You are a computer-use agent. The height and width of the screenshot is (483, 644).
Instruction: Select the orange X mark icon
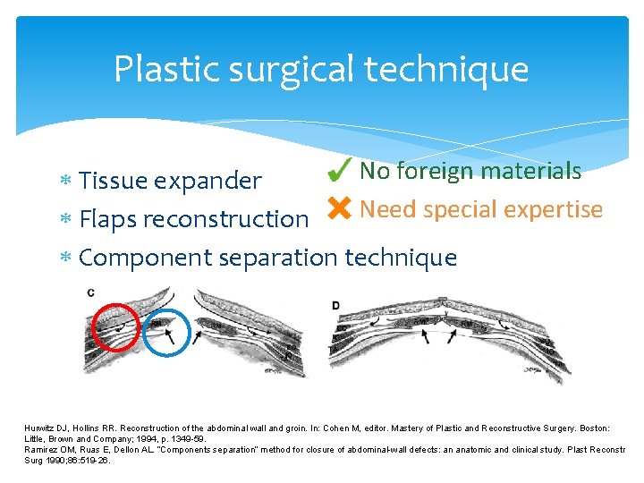click(x=339, y=209)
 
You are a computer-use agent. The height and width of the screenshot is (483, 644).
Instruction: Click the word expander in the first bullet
click(x=208, y=181)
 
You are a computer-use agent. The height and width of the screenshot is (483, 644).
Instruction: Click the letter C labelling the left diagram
click(x=91, y=292)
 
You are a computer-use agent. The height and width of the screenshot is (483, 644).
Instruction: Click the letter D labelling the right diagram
click(x=335, y=305)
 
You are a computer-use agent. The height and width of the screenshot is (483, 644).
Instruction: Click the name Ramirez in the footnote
click(x=40, y=450)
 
